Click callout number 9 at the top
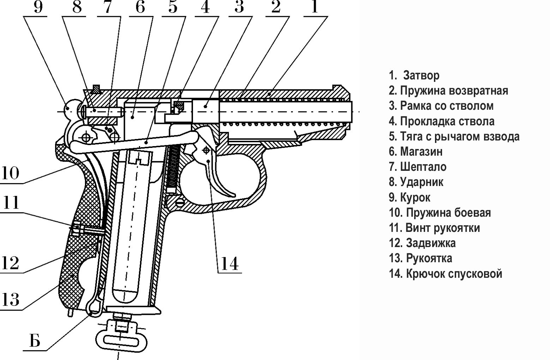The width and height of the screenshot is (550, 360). [38, 7]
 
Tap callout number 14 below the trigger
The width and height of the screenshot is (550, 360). [230, 263]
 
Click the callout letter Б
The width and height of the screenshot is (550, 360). [35, 341]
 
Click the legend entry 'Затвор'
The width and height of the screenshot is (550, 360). [415, 75]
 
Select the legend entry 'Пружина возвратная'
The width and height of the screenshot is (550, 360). [448, 91]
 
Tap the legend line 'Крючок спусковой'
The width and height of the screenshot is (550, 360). [446, 274]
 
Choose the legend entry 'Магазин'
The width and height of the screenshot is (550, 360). [416, 152]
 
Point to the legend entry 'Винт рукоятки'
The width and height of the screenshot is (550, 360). [435, 228]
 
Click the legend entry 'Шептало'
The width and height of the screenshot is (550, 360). [418, 167]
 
